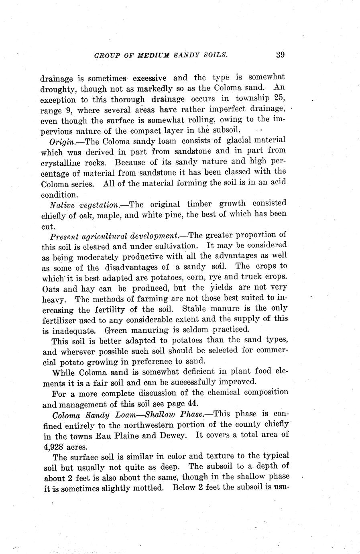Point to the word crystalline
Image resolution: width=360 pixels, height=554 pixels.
coord(60,163)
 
